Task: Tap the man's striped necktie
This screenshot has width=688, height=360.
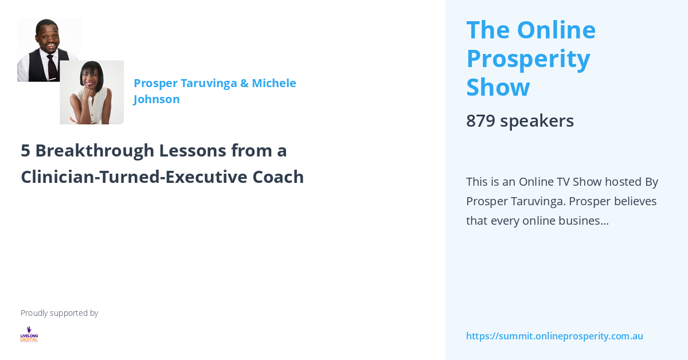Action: pos(52,68)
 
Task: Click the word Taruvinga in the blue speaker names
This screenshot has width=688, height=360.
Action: pos(208,83)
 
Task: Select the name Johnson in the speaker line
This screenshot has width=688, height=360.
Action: pos(157,99)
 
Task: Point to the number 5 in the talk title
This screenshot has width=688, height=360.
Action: pos(25,150)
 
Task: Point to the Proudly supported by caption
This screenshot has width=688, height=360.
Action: pos(59,313)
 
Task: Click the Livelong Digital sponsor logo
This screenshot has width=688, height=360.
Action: pos(29,334)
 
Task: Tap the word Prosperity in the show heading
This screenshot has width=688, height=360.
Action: pos(528,58)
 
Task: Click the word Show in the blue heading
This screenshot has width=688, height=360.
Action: pos(498,87)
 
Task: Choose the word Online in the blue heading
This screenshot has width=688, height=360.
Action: pos(556,30)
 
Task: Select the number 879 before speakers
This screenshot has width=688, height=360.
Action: pos(480,120)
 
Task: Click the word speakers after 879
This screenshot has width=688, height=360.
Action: pos(537,120)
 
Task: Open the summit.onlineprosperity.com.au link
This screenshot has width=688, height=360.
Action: pos(554,336)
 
